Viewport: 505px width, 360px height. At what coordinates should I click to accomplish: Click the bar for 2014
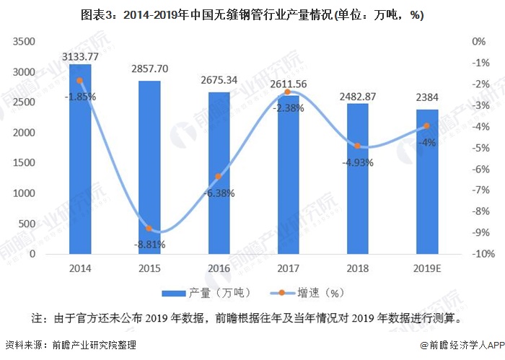click(79, 159)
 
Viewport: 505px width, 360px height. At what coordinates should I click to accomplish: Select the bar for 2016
click(219, 173)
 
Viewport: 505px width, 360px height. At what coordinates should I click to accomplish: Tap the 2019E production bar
click(426, 182)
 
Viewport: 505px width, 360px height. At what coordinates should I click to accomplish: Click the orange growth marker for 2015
click(149, 229)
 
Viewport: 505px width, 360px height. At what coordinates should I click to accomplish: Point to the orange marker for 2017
click(288, 92)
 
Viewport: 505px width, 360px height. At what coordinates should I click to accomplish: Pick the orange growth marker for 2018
click(357, 146)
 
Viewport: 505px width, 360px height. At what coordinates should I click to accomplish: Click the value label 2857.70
click(149, 69)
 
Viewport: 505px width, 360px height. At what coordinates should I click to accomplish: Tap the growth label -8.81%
click(149, 245)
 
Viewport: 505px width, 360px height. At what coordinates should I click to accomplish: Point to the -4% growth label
click(426, 142)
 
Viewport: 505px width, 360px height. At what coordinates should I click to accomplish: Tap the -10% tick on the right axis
click(482, 254)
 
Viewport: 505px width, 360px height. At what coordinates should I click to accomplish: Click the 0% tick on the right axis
click(479, 42)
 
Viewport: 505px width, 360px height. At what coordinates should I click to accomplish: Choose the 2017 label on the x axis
click(288, 269)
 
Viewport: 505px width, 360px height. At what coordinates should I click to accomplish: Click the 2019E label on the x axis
click(426, 269)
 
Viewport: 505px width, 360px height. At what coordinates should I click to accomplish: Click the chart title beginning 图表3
click(252, 15)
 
